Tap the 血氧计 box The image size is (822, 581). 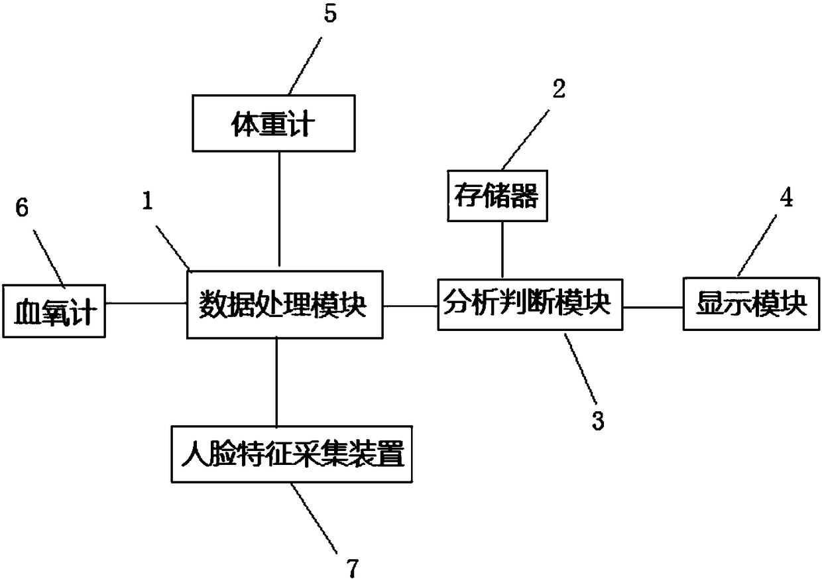54,310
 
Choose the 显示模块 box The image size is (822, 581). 751,304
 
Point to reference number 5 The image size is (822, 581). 329,15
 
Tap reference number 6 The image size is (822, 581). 23,208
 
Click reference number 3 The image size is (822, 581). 598,420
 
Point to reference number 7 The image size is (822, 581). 352,567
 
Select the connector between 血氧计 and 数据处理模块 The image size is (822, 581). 146,304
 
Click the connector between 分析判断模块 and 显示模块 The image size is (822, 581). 653,307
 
